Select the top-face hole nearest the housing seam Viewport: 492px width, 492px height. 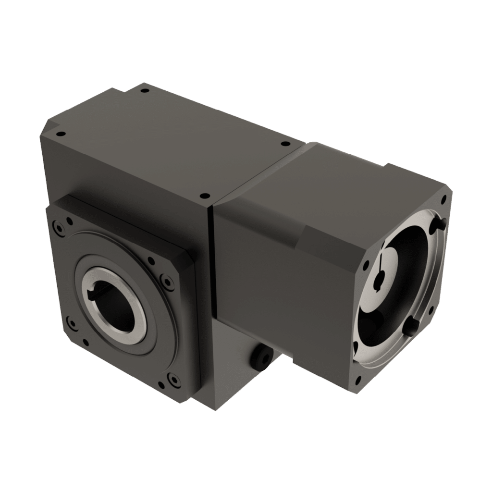coord(204,196)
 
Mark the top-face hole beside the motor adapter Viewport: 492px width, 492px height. coord(284,143)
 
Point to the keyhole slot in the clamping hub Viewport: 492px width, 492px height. coord(380,279)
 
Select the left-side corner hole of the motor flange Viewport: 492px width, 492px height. coord(367,264)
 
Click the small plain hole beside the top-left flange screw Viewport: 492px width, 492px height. coord(70,221)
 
